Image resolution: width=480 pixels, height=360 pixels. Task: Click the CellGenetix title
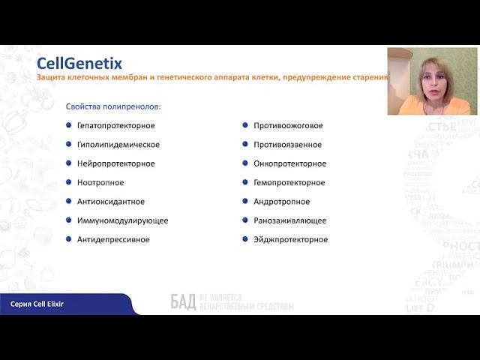coord(79,64)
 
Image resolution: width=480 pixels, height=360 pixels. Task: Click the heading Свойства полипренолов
coord(113,106)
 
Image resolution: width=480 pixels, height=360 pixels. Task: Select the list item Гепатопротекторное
coord(115,125)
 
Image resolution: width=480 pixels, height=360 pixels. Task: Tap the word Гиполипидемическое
coord(118,145)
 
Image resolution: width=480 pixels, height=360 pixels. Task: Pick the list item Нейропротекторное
coord(115,163)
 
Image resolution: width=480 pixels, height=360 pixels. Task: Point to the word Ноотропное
coord(100,182)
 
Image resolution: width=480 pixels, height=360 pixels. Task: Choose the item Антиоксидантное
coord(110,202)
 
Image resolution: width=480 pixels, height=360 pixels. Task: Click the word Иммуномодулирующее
coord(122,220)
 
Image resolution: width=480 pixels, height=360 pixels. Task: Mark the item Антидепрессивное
coord(113,239)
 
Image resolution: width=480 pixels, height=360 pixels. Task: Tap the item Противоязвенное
coord(287,145)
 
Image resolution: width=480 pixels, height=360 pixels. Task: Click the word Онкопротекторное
coord(289,163)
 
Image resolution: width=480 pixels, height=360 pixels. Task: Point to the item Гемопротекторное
coord(289,182)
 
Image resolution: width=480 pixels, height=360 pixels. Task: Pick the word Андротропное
coord(281,202)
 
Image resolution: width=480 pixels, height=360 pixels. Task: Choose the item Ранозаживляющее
coord(289,220)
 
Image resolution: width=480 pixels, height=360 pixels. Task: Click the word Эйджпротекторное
coord(290,239)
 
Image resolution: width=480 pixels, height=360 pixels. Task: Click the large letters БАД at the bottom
coord(183,302)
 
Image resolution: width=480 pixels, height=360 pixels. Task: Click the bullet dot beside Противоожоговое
coord(244,125)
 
